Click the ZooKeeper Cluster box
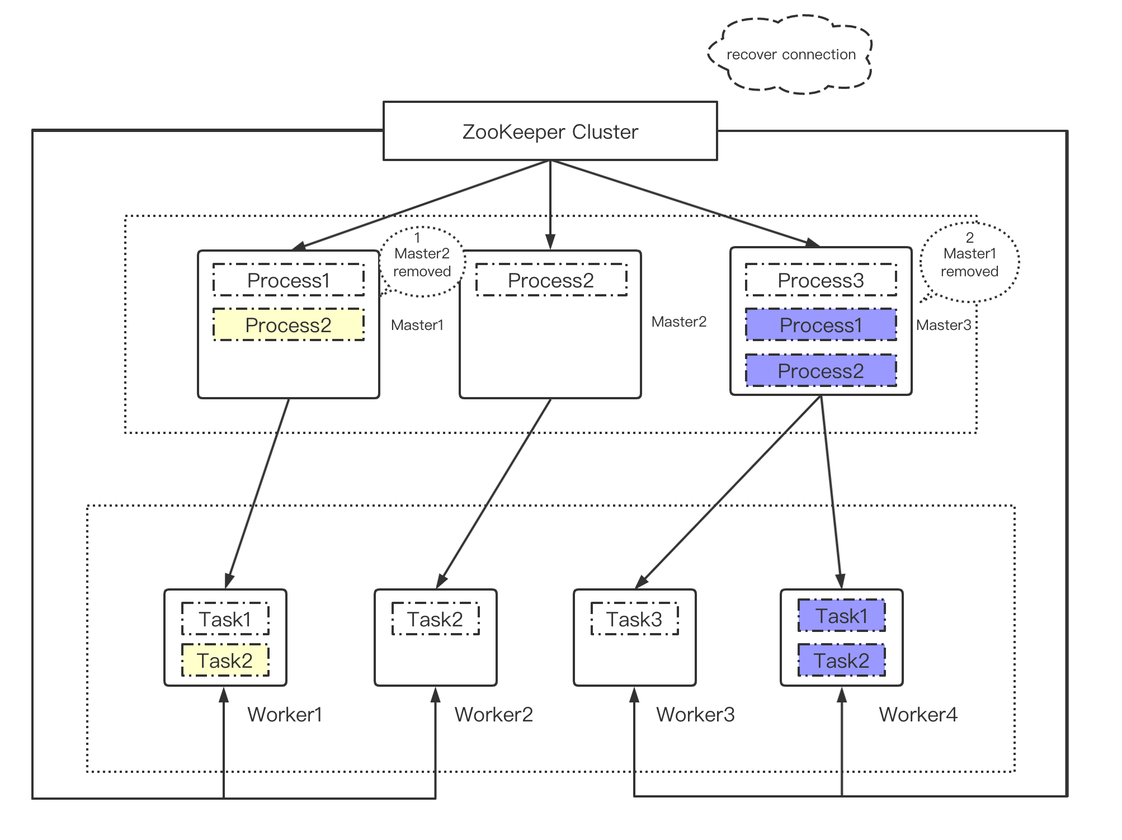click(550, 131)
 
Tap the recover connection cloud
click(790, 55)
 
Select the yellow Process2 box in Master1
click(288, 325)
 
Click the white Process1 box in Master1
click(288, 280)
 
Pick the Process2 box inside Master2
click(551, 280)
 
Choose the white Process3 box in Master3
click(821, 280)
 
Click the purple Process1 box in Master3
click(821, 325)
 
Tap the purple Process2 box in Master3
click(821, 371)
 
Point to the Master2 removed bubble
click(422, 262)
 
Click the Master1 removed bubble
click(969, 262)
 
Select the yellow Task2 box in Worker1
click(225, 660)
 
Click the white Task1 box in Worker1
click(225, 619)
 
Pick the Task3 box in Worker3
click(634, 619)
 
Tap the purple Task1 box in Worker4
click(841, 616)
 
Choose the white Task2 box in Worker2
click(435, 619)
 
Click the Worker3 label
click(695, 714)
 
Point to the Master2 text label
click(678, 322)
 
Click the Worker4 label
click(918, 714)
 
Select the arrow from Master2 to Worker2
click(494, 493)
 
